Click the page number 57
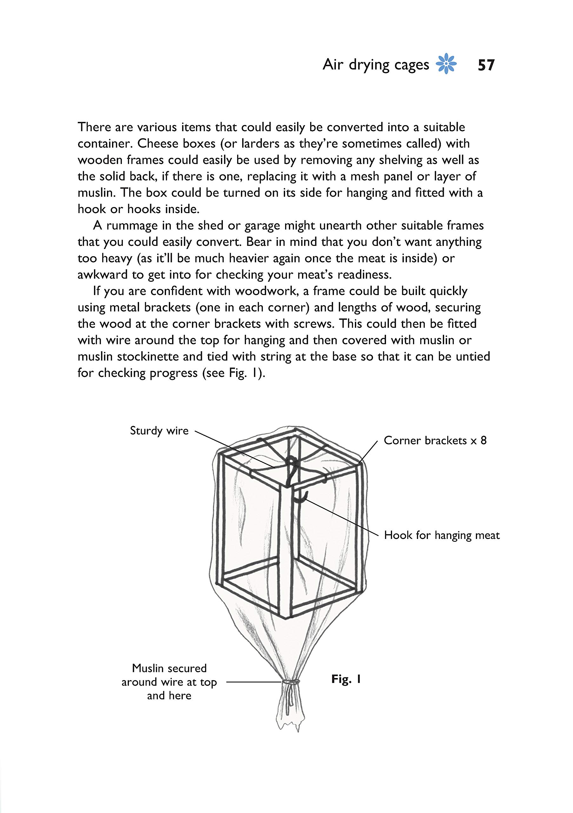click(x=486, y=65)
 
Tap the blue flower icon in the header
click(x=446, y=64)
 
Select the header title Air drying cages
click(x=376, y=65)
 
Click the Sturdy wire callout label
click(x=159, y=431)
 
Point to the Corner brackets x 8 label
click(x=435, y=440)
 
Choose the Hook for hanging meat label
click(x=442, y=535)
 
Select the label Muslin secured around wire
click(x=169, y=682)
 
